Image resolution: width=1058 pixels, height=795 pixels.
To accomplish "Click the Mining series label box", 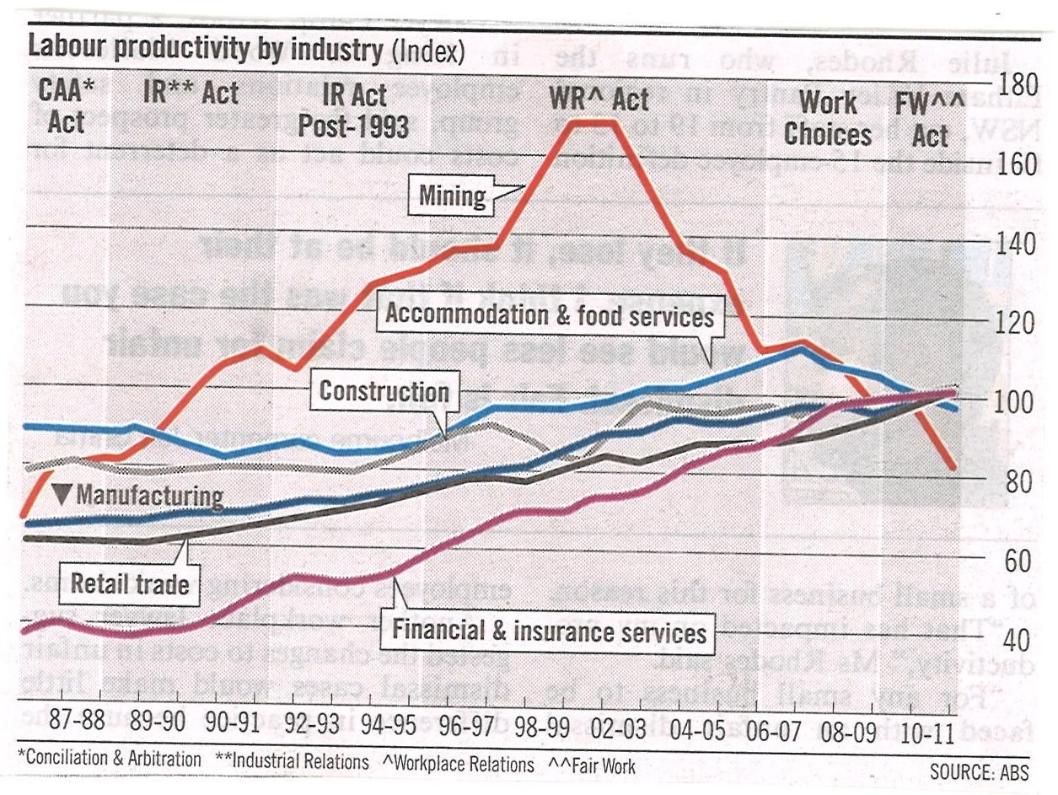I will [453, 196].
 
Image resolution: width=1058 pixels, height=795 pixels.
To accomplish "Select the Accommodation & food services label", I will [549, 316].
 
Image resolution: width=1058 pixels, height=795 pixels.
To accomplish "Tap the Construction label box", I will [384, 392].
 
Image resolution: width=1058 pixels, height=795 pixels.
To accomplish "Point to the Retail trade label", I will [129, 583].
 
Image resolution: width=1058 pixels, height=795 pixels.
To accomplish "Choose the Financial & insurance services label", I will [549, 631].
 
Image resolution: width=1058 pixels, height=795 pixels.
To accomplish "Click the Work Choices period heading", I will [828, 118].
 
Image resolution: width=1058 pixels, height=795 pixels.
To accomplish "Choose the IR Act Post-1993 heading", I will [354, 110].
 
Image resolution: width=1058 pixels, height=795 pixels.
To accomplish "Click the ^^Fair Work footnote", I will [592, 765].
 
